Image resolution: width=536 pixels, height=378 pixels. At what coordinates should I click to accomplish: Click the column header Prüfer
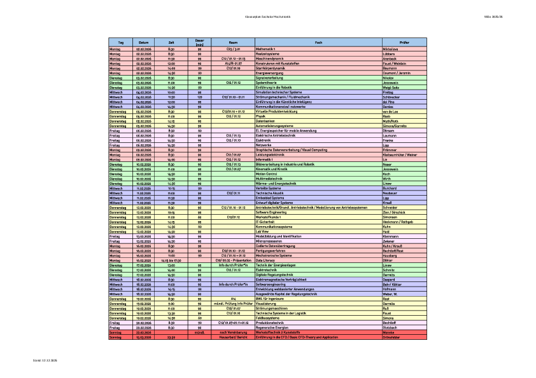[x=404, y=42]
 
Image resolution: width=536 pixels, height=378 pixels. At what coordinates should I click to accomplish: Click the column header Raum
[x=233, y=42]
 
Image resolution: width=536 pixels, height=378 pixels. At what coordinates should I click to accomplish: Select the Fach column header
[x=318, y=42]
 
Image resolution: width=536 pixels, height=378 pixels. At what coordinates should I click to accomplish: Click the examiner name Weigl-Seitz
[x=390, y=86]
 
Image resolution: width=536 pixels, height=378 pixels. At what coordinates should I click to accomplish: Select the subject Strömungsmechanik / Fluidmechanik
[x=283, y=97]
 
